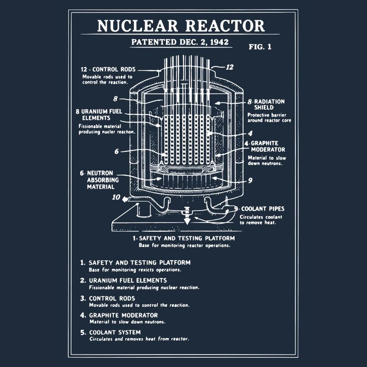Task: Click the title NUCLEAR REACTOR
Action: click(181, 26)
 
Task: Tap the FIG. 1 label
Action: click(260, 47)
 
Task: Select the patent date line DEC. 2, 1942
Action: click(181, 42)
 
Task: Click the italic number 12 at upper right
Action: click(229, 67)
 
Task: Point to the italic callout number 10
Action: click(116, 198)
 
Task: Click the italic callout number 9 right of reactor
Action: click(250, 181)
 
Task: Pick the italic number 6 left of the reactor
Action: click(117, 151)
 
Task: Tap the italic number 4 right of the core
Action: click(250, 133)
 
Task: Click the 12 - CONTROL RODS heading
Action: click(108, 70)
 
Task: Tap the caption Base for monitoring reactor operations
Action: click(184, 245)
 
